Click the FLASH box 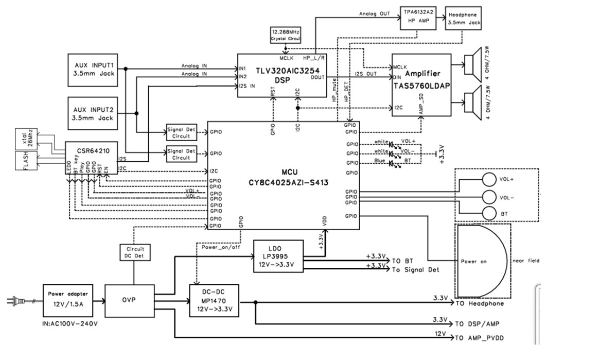pyautogui.click(x=25, y=161)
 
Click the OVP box pyautogui.click(x=130, y=300)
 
